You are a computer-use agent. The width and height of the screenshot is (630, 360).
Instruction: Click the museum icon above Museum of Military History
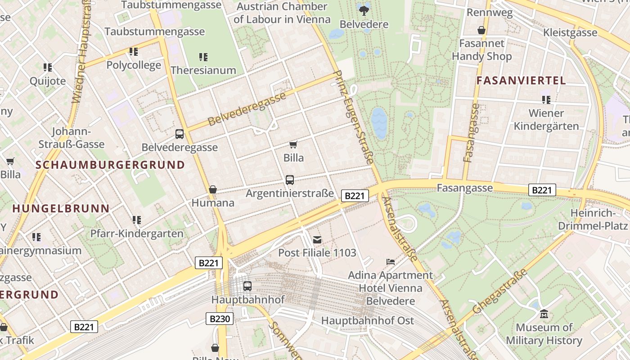(x=544, y=314)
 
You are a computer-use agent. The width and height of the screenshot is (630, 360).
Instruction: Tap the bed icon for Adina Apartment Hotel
(x=390, y=261)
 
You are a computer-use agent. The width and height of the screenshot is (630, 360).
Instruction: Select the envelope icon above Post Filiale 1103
(x=317, y=239)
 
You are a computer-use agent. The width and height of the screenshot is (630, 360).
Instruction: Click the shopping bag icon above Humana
(x=213, y=189)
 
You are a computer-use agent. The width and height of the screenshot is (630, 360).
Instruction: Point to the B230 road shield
(x=220, y=319)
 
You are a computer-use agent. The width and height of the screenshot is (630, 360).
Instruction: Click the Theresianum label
(x=203, y=70)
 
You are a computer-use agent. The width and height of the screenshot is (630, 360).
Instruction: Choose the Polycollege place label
(x=134, y=65)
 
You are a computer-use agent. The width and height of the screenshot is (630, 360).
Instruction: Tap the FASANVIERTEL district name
(x=521, y=81)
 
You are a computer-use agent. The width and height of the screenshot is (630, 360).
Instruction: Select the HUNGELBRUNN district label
(x=61, y=209)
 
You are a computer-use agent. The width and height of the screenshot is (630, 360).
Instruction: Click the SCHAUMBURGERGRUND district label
(x=110, y=165)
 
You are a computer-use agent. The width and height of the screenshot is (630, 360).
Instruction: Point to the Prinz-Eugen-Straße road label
(x=354, y=117)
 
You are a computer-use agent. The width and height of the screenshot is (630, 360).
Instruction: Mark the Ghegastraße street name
(x=500, y=292)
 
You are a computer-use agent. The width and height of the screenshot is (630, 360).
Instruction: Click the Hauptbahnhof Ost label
(x=367, y=321)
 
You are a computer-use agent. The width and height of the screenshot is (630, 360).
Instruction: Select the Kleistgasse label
(x=570, y=32)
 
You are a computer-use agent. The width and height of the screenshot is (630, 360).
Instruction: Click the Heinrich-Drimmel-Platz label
(x=593, y=219)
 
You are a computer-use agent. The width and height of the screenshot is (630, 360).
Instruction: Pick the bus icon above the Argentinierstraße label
(x=290, y=180)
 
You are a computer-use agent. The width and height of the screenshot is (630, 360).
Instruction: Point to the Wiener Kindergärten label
(x=546, y=119)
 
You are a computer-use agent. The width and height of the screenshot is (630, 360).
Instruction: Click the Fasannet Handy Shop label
(x=481, y=50)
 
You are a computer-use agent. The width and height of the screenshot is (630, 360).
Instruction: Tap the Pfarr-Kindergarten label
(x=137, y=234)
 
